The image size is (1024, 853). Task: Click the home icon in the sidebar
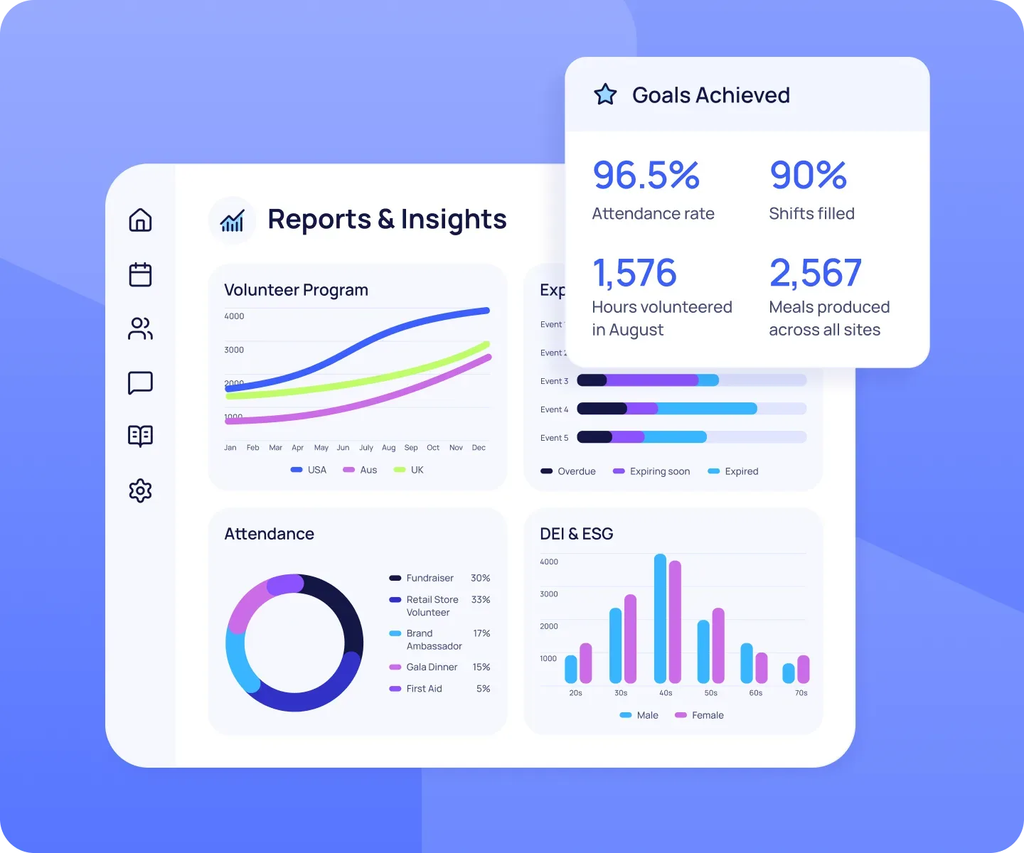pos(140,220)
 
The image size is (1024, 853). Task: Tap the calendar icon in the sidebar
pos(140,274)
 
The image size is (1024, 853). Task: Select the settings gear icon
pos(140,490)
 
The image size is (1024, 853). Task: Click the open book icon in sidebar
pos(140,436)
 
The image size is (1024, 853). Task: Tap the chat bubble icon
pos(140,382)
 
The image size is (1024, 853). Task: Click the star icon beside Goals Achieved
pos(605,95)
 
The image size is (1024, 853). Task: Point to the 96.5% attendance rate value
pos(646,176)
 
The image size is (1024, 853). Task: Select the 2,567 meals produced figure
pos(815,273)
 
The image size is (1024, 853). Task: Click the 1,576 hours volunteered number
pos(634,273)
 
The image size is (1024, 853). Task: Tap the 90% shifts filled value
pos(808,176)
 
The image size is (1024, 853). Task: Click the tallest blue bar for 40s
pos(660,618)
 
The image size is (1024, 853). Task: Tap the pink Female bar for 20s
pos(586,663)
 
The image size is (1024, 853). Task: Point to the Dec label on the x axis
pos(479,448)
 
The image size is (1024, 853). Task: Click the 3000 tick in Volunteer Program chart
pos(234,350)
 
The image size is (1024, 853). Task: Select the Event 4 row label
pos(554,409)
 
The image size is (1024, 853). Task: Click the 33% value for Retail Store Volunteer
pos(481,600)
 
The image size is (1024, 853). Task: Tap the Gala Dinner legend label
pos(432,667)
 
